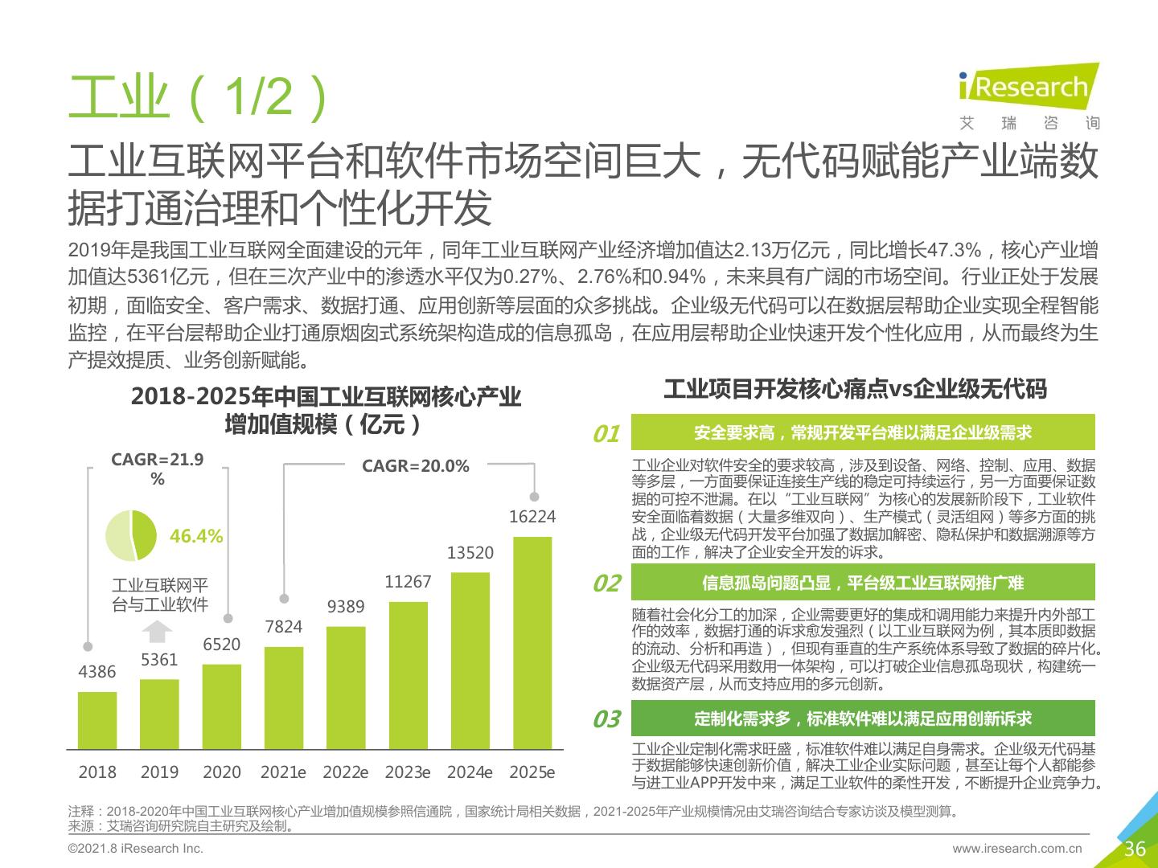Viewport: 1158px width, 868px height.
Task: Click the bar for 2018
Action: pyautogui.click(x=97, y=720)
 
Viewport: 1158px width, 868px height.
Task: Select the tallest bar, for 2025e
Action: pyautogui.click(x=532, y=643)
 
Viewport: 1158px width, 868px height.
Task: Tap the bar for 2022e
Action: pyautogui.click(x=346, y=687)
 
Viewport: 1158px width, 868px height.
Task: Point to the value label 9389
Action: pyautogui.click(x=346, y=607)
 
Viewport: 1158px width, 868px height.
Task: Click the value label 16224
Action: pyautogui.click(x=532, y=517)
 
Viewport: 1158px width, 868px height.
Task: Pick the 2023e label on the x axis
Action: pyautogui.click(x=408, y=772)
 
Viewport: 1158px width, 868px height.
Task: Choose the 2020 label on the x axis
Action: pyautogui.click(x=222, y=772)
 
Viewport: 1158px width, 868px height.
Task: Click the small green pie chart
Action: pyautogui.click(x=131, y=535)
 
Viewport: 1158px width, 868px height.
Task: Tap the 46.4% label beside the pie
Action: pyautogui.click(x=196, y=536)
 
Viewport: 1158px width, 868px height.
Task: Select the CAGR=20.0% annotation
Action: pyautogui.click(x=415, y=466)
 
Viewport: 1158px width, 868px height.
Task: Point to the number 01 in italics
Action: pyautogui.click(x=606, y=434)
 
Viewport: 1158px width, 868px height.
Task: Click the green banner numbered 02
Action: pyautogui.click(x=863, y=583)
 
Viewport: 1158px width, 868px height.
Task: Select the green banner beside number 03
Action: pyautogui.click(x=863, y=719)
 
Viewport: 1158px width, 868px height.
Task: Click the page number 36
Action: pyautogui.click(x=1135, y=849)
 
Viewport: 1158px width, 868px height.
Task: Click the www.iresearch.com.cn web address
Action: pyautogui.click(x=1017, y=849)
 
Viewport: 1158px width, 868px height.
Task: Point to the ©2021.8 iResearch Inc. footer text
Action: pyautogui.click(x=136, y=849)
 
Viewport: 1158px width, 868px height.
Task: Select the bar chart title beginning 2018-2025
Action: pyautogui.click(x=326, y=410)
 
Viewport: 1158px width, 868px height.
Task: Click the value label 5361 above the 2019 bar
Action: pyautogui.click(x=159, y=660)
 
